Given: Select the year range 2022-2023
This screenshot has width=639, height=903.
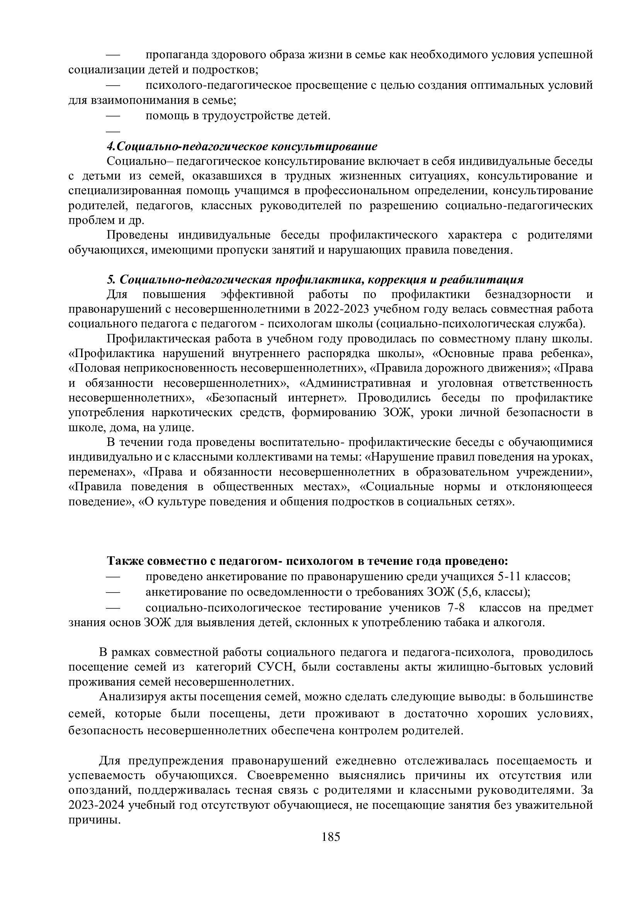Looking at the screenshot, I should (341, 310).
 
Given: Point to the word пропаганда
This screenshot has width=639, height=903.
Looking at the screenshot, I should (176, 55).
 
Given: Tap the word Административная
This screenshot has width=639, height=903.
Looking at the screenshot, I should (359, 383).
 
